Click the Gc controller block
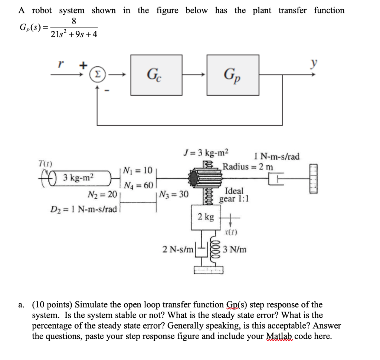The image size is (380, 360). (x=156, y=73)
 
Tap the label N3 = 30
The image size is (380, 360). (x=173, y=194)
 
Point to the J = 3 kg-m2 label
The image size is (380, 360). (x=206, y=152)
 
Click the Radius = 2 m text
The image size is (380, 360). (x=248, y=166)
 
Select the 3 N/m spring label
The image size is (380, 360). (x=235, y=250)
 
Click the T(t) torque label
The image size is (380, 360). (x=45, y=164)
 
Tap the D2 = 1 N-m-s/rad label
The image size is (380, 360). (x=83, y=209)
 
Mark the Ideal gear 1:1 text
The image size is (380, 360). (x=234, y=195)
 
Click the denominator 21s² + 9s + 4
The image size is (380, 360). (x=74, y=35)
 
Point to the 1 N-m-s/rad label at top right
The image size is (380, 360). (x=277, y=156)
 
